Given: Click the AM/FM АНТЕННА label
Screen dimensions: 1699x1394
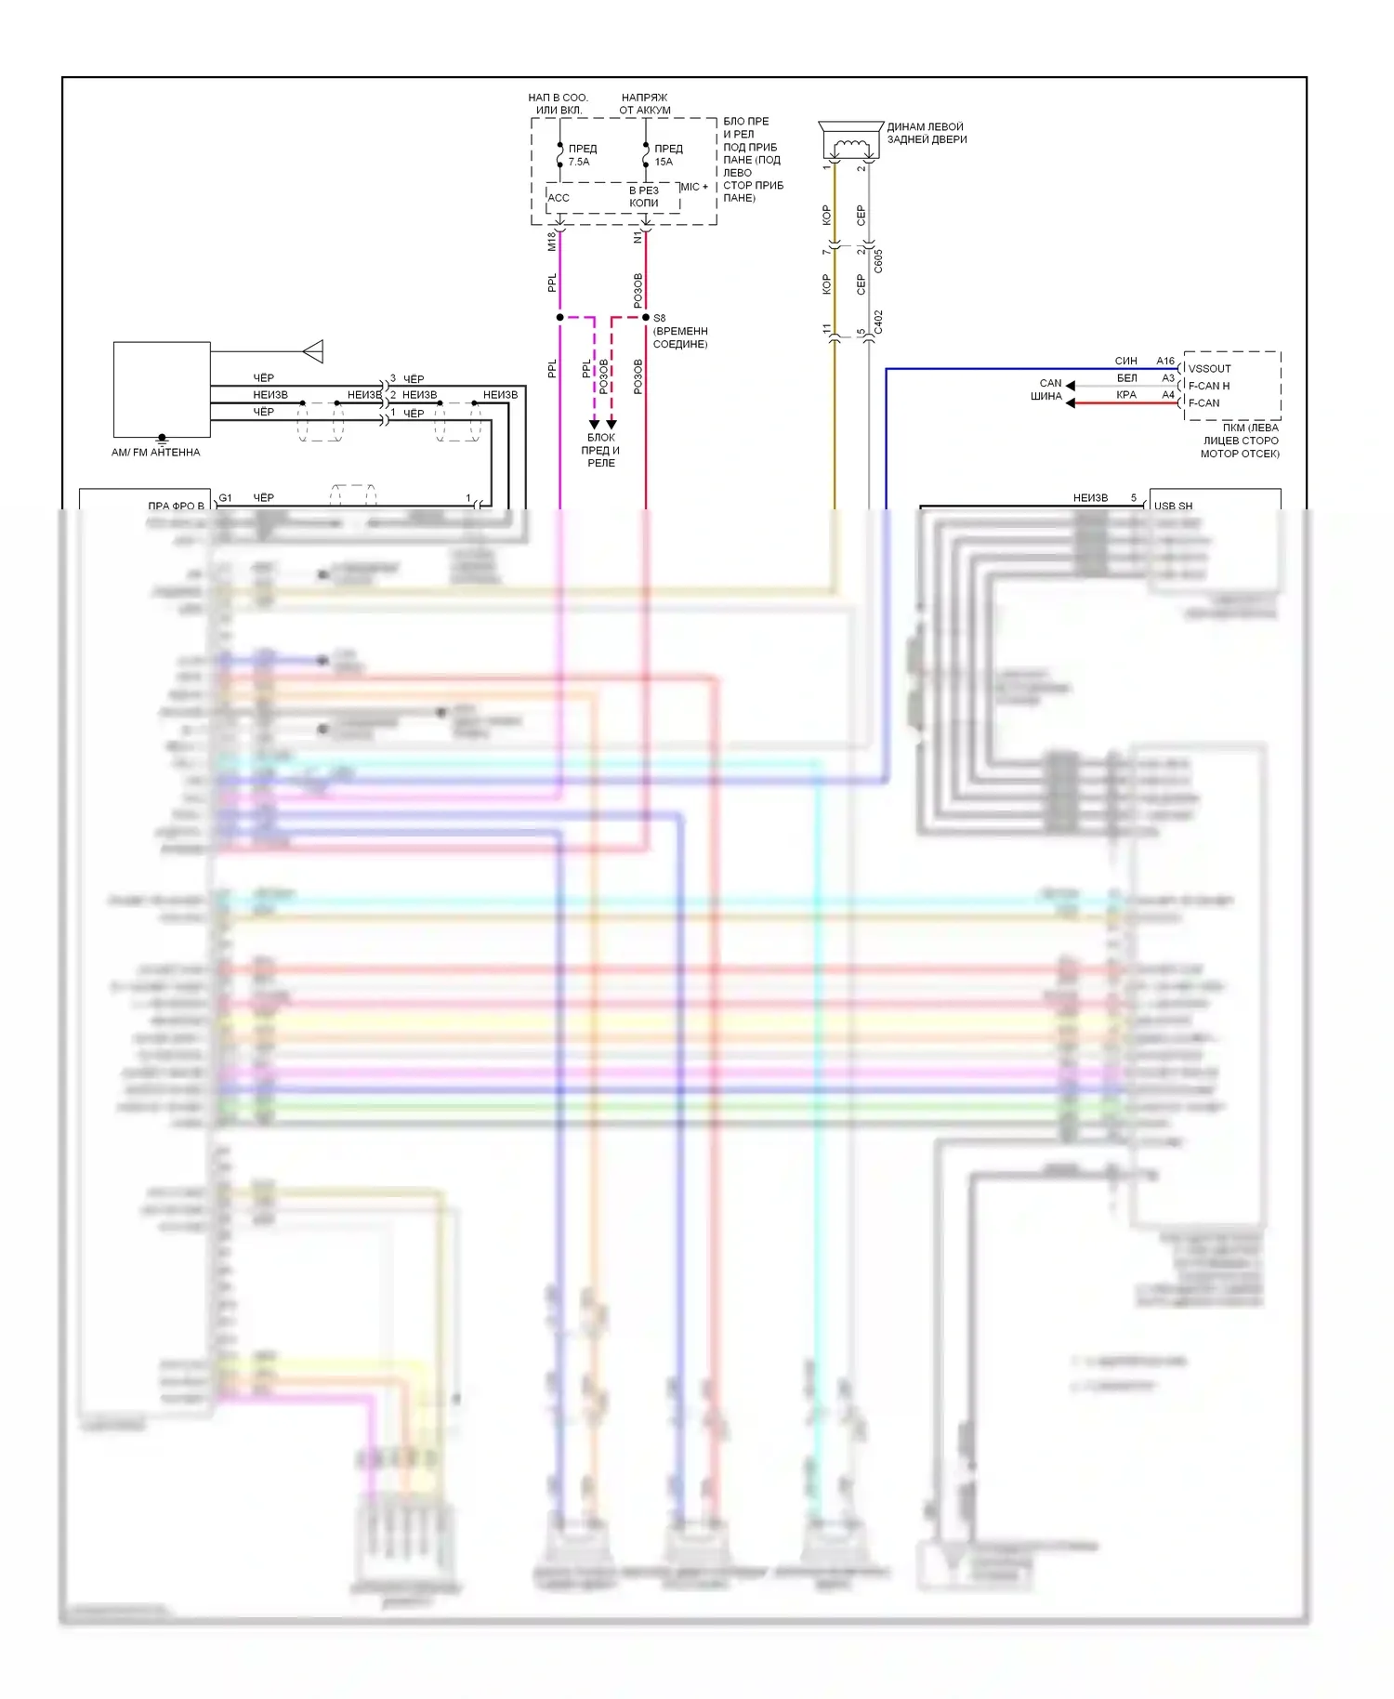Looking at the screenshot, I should [155, 453].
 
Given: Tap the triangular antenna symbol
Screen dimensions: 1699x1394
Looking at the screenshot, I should [313, 351].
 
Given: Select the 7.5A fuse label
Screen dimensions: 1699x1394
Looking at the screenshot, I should [579, 162].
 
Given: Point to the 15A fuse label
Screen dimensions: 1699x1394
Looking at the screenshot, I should [664, 162].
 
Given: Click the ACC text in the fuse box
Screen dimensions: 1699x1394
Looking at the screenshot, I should [559, 198].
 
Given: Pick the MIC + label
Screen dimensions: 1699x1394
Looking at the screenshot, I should [694, 187].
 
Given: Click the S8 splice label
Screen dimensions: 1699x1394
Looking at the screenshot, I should [659, 318].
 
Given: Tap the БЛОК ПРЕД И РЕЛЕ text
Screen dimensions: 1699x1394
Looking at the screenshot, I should [601, 450].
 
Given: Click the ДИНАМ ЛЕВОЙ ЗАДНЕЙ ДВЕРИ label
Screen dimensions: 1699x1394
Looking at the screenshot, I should [927, 133].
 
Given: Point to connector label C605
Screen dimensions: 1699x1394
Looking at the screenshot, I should [878, 260].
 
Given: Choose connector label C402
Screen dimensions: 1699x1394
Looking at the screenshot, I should [878, 323].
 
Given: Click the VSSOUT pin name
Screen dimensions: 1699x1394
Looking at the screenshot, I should [1209, 368].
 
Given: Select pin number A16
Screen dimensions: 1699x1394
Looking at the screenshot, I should [1165, 361].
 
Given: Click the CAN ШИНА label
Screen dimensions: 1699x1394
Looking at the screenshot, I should [1047, 389].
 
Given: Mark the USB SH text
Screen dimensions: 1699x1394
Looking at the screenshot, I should [1173, 506].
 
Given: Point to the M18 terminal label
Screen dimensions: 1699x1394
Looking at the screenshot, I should [552, 241].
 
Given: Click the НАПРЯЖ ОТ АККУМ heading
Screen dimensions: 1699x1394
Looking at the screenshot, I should [645, 103].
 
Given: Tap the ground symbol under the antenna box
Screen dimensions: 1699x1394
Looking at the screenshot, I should [162, 438].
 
